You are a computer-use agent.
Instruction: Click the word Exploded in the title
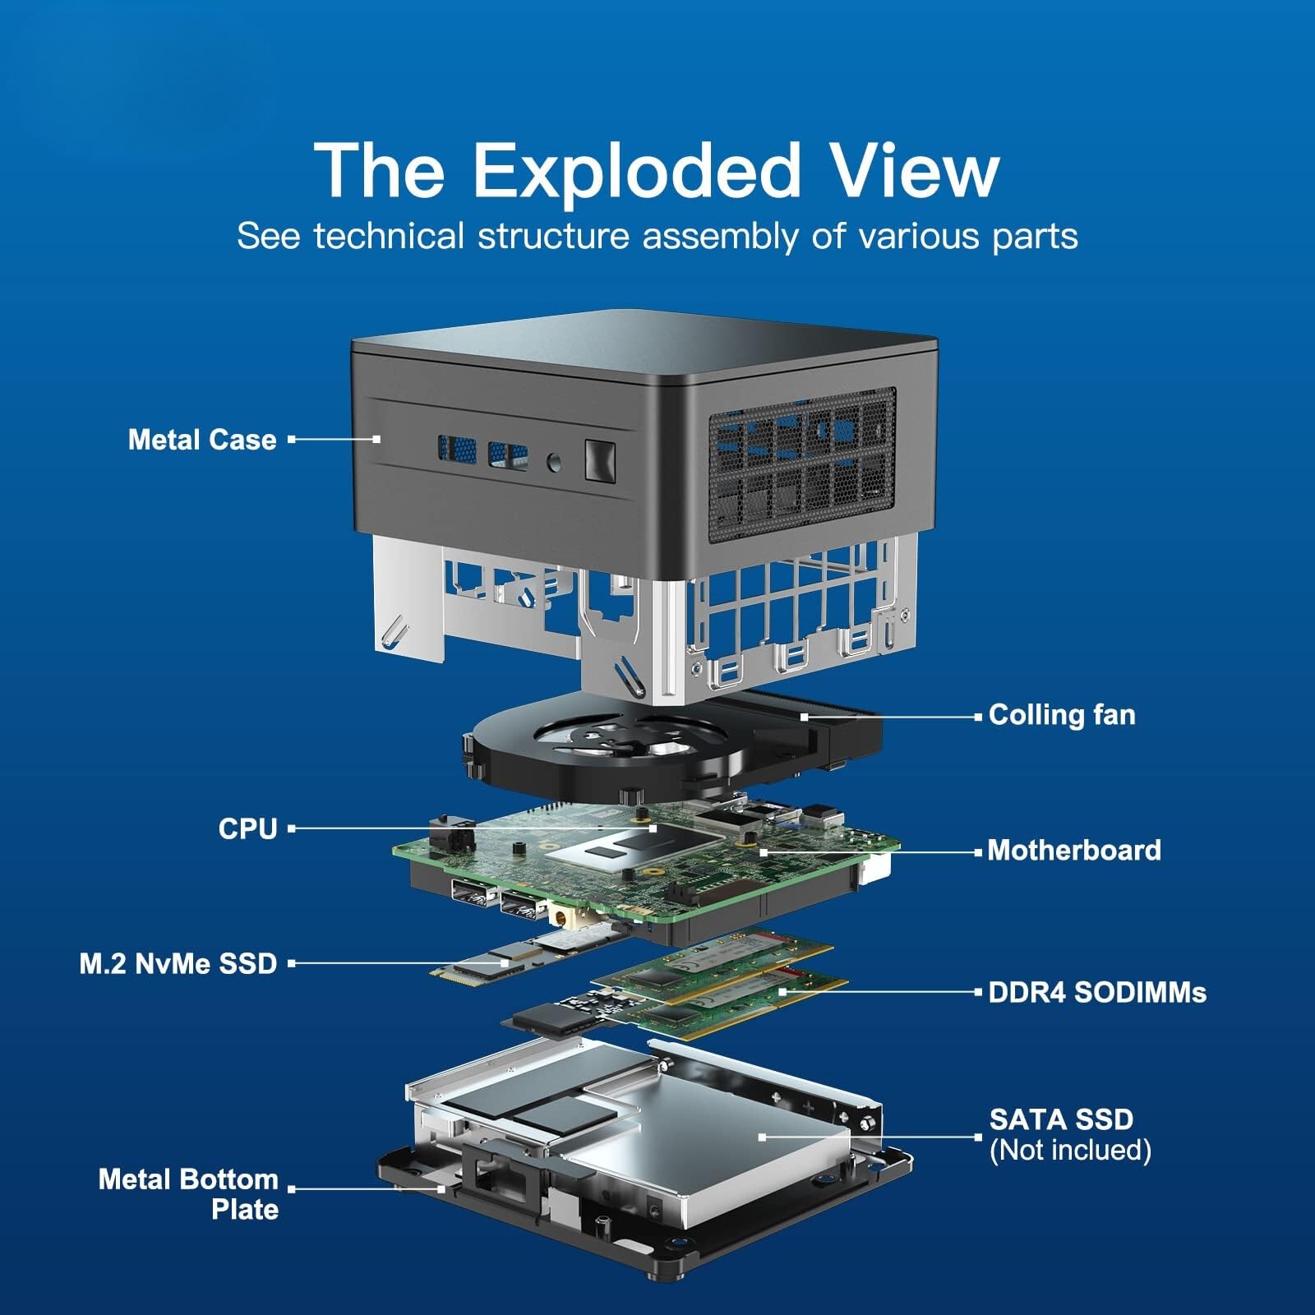pyautogui.click(x=636, y=170)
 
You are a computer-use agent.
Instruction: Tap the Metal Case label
pyautogui.click(x=202, y=440)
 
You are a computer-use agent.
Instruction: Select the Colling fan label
pyautogui.click(x=1062, y=715)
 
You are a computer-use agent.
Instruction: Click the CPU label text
pyautogui.click(x=247, y=828)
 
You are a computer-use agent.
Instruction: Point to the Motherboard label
pyautogui.click(x=1074, y=850)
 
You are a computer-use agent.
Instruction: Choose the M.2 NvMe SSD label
pyautogui.click(x=178, y=963)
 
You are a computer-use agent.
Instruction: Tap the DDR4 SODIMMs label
pyautogui.click(x=1097, y=992)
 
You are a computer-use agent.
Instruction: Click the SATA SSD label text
pyautogui.click(x=1061, y=1119)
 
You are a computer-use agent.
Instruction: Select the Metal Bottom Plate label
pyautogui.click(x=188, y=1194)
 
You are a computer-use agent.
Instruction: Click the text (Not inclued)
pyautogui.click(x=1070, y=1150)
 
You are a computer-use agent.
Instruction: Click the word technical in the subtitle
pyautogui.click(x=389, y=237)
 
